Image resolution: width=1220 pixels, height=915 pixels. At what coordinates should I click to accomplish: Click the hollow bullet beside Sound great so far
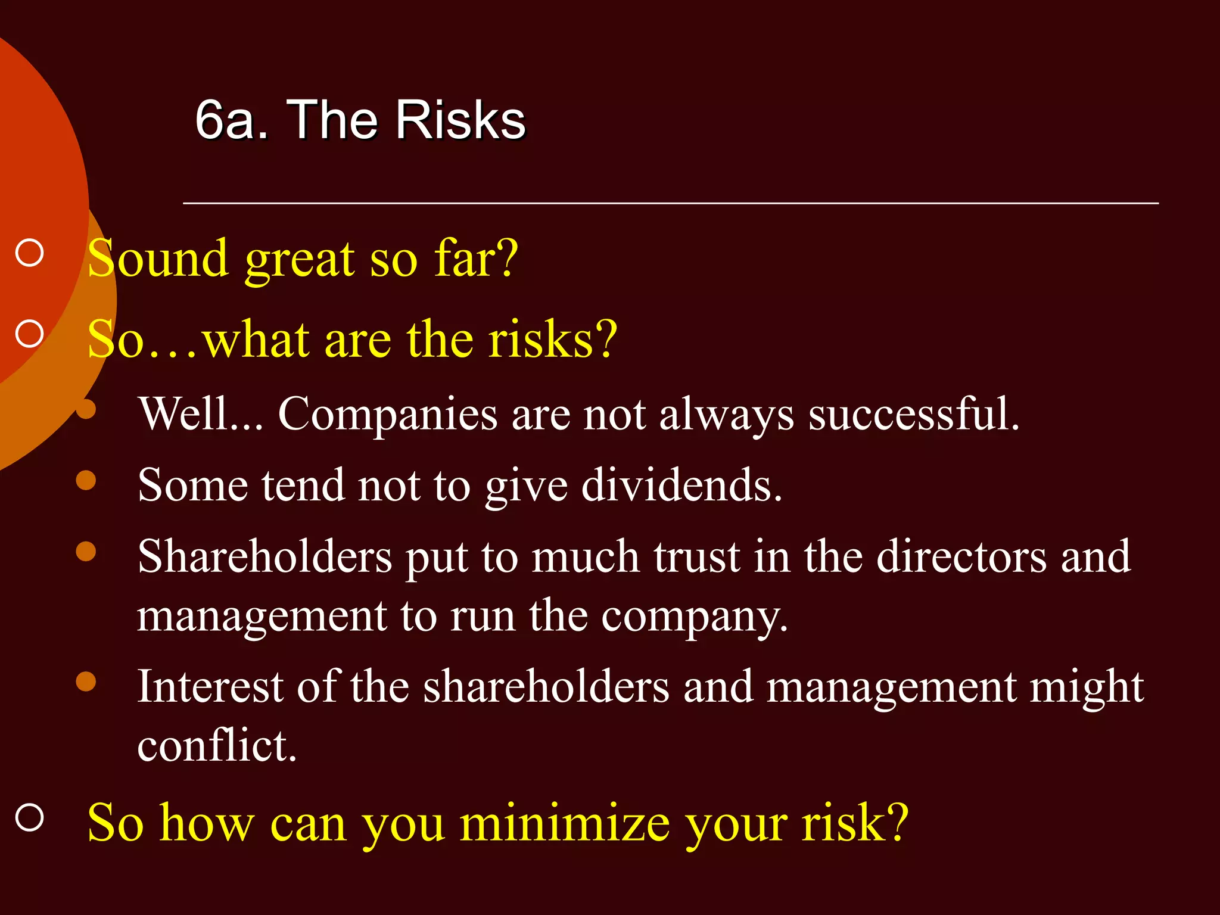(x=30, y=253)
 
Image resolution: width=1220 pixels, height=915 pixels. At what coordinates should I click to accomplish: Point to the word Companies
(x=387, y=414)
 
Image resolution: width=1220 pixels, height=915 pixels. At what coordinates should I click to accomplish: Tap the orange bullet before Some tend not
(x=86, y=480)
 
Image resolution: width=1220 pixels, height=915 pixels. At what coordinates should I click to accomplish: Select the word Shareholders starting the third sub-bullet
(x=265, y=556)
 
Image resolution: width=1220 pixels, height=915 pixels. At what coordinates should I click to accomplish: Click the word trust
(x=696, y=556)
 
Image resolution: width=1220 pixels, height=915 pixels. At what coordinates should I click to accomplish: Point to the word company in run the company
(x=694, y=617)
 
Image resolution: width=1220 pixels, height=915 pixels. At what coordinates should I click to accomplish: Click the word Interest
(x=210, y=687)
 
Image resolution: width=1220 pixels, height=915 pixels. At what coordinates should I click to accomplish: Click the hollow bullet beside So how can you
(x=30, y=817)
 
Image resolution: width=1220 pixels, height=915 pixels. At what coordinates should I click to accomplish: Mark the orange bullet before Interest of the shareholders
(x=86, y=681)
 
